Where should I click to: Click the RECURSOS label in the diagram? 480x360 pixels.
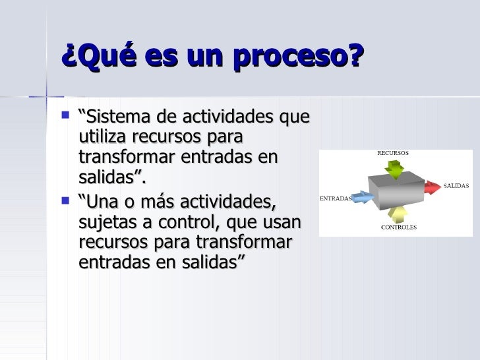click(392, 152)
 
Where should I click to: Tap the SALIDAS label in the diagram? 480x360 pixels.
click(455, 186)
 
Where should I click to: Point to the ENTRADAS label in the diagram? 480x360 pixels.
click(336, 197)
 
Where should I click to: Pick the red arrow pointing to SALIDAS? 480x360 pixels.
click(432, 187)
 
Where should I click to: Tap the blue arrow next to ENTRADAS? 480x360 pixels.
click(361, 196)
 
